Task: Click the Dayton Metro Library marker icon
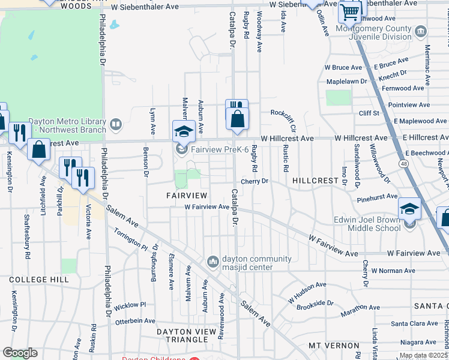coord(116,125)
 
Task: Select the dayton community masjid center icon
coord(212,262)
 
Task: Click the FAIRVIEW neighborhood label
coord(187,196)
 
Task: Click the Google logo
coord(20,353)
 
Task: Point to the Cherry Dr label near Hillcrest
coord(254,181)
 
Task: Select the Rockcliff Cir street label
coord(291,119)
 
